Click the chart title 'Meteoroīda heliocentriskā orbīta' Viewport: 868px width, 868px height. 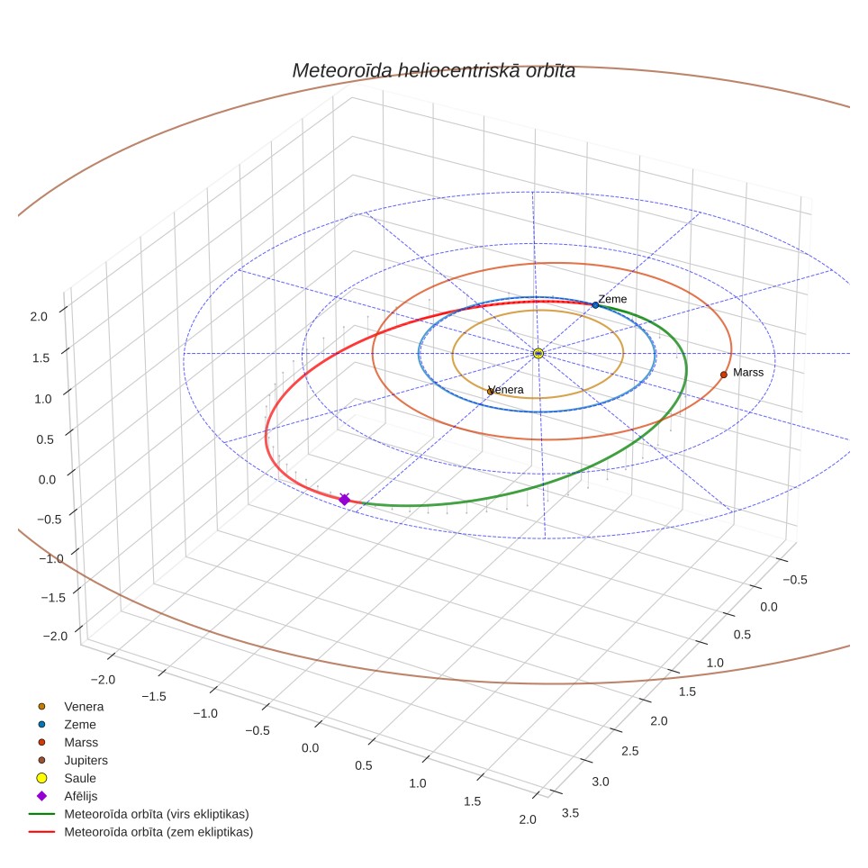[x=433, y=71]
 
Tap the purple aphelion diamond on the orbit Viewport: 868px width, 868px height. [x=344, y=500]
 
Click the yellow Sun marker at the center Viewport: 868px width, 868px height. [x=538, y=353]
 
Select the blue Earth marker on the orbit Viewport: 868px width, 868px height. [x=595, y=305]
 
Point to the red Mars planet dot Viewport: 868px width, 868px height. [x=724, y=375]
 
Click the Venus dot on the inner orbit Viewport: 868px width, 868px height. [x=490, y=392]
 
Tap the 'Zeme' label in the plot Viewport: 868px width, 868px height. [x=612, y=299]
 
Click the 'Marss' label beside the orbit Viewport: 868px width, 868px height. [x=748, y=373]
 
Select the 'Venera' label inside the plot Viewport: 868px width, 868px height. [x=506, y=390]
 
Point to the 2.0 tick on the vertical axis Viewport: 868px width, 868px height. [x=39, y=317]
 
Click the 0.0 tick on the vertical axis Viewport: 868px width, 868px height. [x=47, y=480]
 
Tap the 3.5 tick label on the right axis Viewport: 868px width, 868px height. [x=570, y=813]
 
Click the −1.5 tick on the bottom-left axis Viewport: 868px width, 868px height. [x=153, y=696]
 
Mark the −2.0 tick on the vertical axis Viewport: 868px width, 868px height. [x=55, y=636]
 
